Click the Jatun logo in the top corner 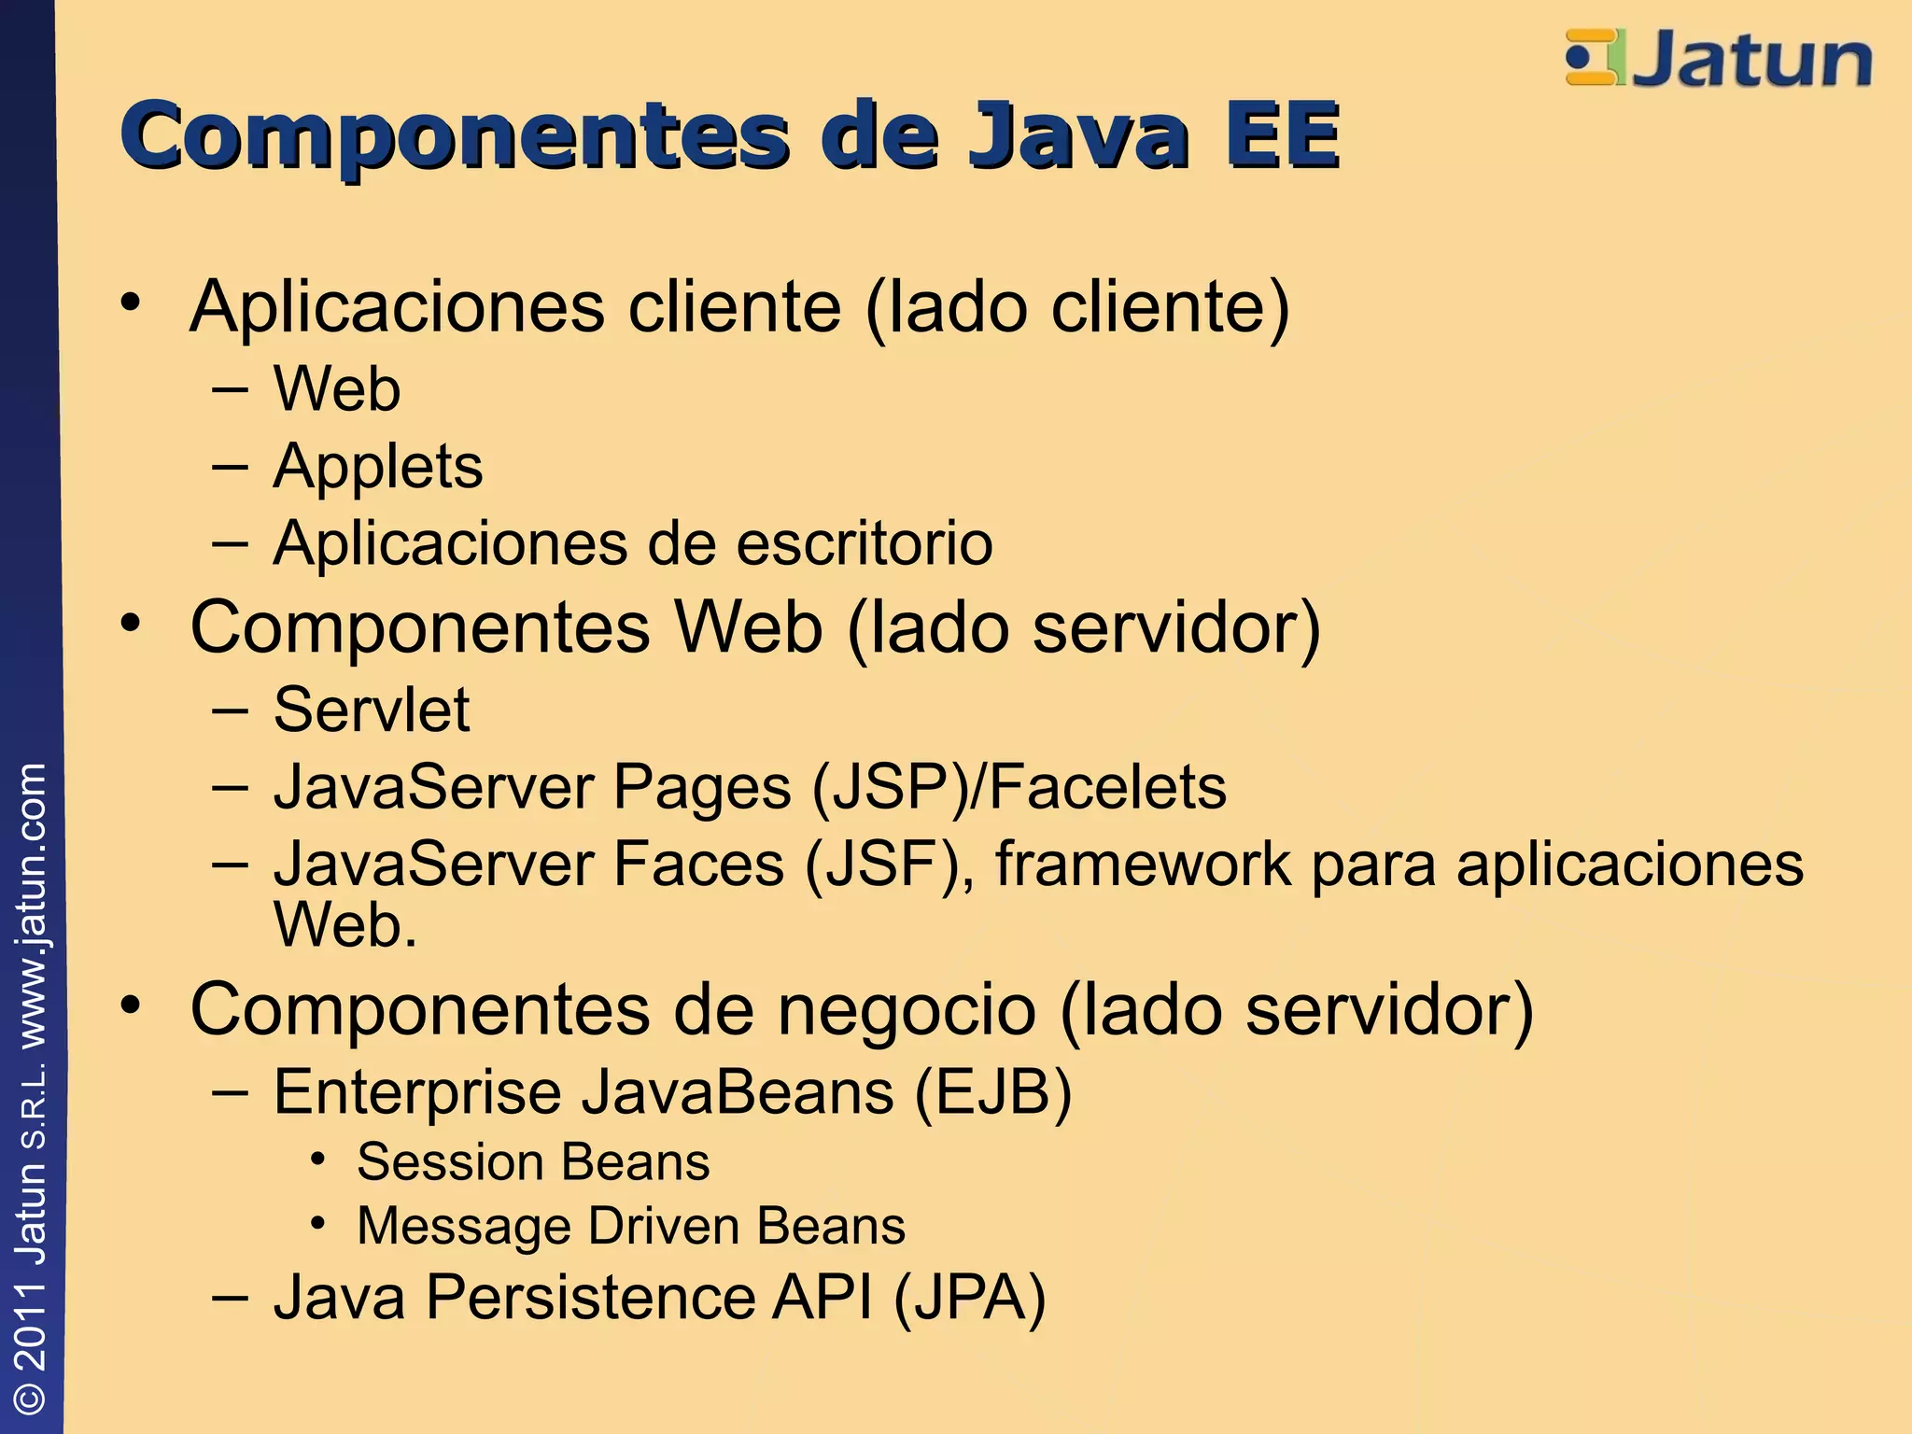point(1718,59)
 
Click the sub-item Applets point(378,467)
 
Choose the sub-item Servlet point(372,710)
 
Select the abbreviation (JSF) point(883,865)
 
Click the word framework point(1144,865)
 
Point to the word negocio point(907,1010)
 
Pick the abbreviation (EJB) point(992,1092)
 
